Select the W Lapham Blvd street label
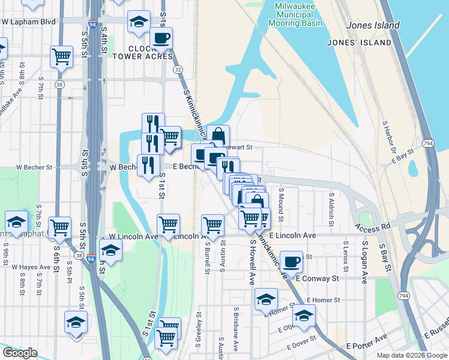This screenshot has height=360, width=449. pos(28,22)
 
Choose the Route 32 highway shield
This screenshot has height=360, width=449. pos(178,70)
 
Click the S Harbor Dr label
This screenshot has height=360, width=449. pos(388,135)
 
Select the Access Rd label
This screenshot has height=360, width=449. pos(372,228)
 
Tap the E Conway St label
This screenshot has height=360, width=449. pos(318,278)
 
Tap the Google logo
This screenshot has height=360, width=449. pos(20,353)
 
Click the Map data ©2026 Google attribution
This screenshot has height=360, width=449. pos(412,355)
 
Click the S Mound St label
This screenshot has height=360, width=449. pos(280,203)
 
